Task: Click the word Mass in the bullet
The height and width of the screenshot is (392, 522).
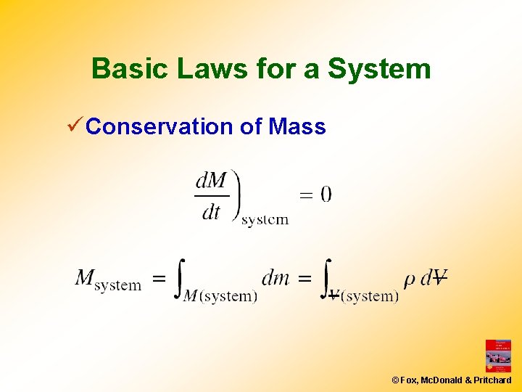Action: coord(297,127)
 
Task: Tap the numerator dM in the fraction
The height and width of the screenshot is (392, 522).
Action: coord(212,180)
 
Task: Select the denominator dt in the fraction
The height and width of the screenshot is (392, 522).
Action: coord(211,212)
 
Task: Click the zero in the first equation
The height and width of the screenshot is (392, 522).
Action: coord(326,194)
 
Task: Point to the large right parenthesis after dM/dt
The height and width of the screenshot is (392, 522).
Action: coord(236,194)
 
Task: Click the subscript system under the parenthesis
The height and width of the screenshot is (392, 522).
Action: coord(265,219)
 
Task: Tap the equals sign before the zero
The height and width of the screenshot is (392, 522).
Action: coord(307,195)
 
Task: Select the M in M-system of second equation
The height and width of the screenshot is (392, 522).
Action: coord(85,277)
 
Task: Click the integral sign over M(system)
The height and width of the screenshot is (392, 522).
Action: coord(179,278)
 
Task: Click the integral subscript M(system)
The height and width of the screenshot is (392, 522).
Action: coord(220,295)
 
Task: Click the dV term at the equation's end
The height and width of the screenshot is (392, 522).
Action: coord(434,277)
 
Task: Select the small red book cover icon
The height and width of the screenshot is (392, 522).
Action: coord(498,356)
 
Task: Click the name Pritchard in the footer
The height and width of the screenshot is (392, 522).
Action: coord(494,380)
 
